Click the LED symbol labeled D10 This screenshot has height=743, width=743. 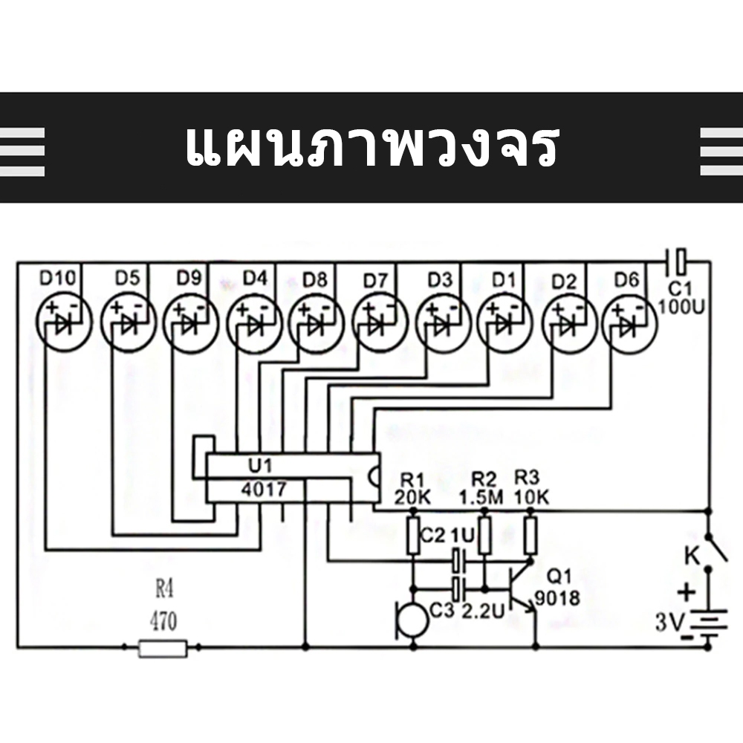click(x=63, y=322)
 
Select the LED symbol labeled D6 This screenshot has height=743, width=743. click(x=629, y=324)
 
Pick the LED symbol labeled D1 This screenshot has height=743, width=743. click(x=504, y=323)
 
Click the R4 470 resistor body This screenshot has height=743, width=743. click(x=163, y=648)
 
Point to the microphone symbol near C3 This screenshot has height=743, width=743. click(x=412, y=620)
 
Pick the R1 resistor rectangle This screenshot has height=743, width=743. click(x=413, y=536)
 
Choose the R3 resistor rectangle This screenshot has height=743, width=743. click(x=531, y=536)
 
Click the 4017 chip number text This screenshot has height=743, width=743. click(x=264, y=489)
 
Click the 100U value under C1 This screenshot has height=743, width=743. click(x=681, y=308)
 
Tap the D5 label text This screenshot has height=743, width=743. click(x=128, y=278)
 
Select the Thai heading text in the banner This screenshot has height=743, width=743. click(x=372, y=146)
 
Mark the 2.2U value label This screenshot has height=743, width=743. click(x=483, y=611)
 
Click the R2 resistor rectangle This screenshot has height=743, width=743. click(x=484, y=536)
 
